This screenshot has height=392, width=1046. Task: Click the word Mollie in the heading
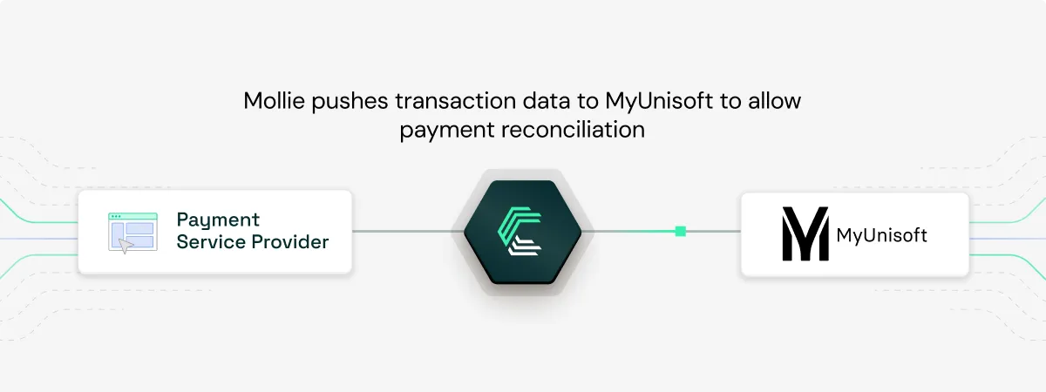click(272, 101)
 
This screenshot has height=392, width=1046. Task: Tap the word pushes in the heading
click(346, 101)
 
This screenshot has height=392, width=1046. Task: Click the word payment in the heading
click(440, 130)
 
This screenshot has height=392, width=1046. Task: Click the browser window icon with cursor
click(132, 233)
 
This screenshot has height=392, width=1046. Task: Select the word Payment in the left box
click(218, 220)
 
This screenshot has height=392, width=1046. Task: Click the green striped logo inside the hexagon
click(522, 232)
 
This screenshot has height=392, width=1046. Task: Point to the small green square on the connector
click(680, 231)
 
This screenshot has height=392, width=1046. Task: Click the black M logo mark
click(804, 234)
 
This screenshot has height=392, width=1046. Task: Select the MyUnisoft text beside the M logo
click(881, 234)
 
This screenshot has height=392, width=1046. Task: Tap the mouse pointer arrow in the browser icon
click(127, 247)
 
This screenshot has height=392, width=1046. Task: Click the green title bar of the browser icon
click(132, 216)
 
